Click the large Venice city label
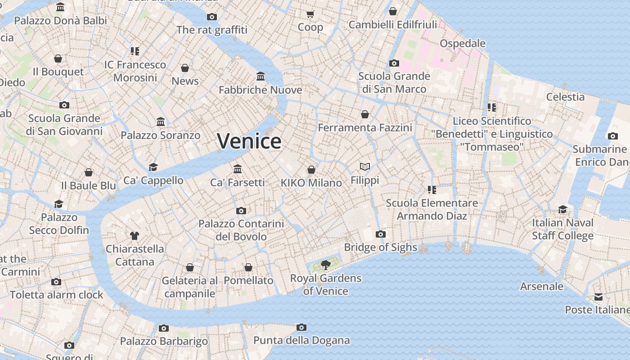coord(249,141)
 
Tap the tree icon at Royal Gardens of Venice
coord(325,265)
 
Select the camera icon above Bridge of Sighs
coord(381,234)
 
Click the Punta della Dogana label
coord(301,340)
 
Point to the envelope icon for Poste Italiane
coord(598,297)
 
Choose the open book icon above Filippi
coord(365,167)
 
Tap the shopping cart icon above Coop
coord(310,14)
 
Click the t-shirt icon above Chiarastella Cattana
coord(135,235)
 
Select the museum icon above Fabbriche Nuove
coord(261,76)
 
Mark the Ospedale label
coord(463,44)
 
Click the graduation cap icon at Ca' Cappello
coord(153,167)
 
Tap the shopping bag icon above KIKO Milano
coord(311,170)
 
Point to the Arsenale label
coord(541,286)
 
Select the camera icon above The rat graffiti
coord(212,17)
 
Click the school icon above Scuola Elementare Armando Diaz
coord(432,190)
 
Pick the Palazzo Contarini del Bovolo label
coord(241,230)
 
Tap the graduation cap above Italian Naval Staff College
coord(562,209)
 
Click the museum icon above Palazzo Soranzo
coord(161,122)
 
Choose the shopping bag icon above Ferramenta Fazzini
coord(365,115)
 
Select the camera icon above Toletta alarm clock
coord(56,282)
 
